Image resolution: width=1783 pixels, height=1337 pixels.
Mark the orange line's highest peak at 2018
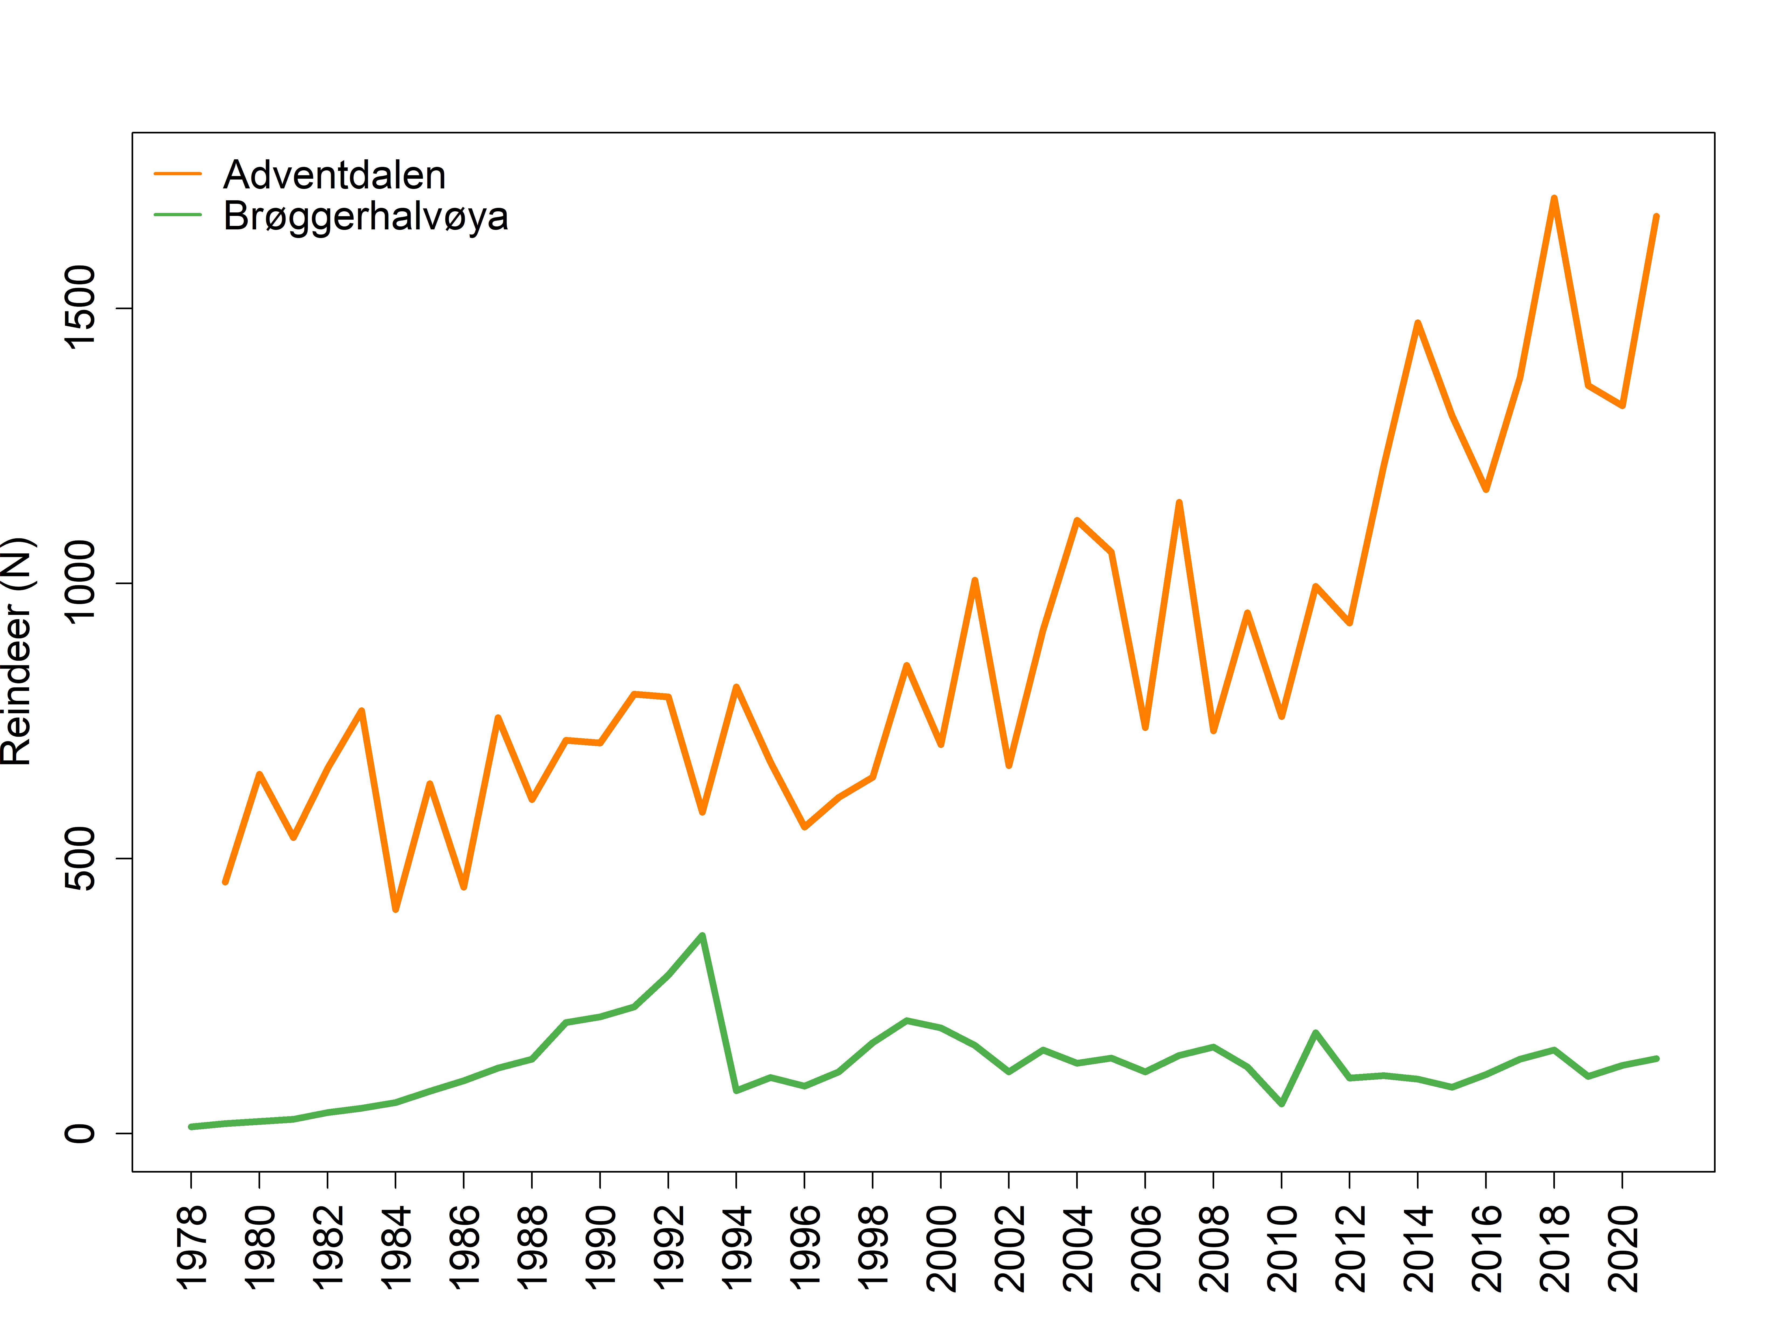(x=1554, y=198)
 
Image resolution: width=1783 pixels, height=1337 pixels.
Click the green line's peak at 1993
(x=702, y=936)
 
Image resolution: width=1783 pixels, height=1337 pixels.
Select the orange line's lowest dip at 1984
(x=396, y=910)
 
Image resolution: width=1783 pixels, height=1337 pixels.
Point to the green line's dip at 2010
(x=1282, y=1103)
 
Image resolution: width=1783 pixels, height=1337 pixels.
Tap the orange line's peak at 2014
(x=1418, y=323)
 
